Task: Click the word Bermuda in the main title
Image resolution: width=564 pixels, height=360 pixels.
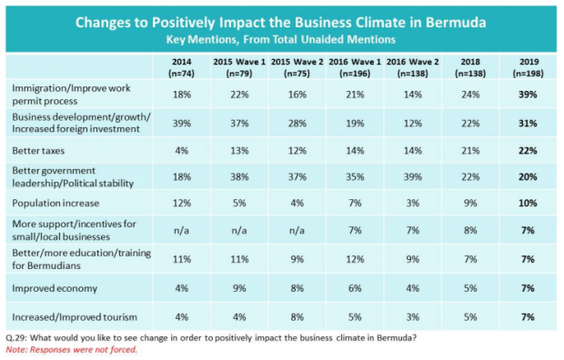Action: (x=456, y=23)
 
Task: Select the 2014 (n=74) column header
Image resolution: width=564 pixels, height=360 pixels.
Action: (x=182, y=67)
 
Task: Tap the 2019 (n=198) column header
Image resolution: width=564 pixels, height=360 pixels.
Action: (x=528, y=67)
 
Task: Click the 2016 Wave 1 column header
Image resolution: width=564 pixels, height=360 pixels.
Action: (x=355, y=67)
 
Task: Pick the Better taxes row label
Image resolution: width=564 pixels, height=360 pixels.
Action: (x=38, y=151)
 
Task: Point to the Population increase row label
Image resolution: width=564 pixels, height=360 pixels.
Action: (x=55, y=204)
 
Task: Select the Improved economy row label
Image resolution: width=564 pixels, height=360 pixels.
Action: (x=55, y=288)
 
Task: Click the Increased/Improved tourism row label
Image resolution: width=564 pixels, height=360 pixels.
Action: (x=75, y=317)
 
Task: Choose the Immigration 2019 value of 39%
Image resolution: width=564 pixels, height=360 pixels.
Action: (x=528, y=95)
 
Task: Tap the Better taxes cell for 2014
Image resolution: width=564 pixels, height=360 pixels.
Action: (x=182, y=151)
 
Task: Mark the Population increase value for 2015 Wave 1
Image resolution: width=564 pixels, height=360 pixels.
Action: (x=239, y=204)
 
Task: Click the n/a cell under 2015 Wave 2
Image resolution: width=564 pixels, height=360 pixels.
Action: (x=297, y=231)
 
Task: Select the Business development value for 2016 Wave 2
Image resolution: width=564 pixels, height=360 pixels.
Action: (x=413, y=124)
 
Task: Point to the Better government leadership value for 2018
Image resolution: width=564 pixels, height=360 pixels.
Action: (x=470, y=177)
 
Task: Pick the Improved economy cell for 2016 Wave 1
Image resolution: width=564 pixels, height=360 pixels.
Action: (x=355, y=288)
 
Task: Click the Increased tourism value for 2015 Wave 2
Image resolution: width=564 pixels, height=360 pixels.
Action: (x=297, y=317)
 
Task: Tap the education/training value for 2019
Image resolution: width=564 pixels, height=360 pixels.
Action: (x=528, y=259)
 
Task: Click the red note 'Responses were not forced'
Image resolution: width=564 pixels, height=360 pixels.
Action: (x=72, y=350)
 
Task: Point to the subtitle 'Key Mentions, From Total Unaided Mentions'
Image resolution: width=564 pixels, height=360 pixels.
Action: (x=281, y=39)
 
